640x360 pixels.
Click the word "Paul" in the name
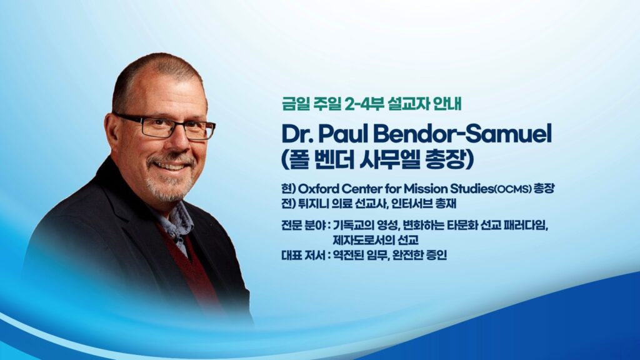[x=341, y=134]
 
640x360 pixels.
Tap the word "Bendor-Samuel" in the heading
[x=461, y=134]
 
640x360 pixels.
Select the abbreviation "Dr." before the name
[x=297, y=134]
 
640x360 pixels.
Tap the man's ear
[x=112, y=132]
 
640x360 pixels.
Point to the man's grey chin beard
[x=167, y=187]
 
